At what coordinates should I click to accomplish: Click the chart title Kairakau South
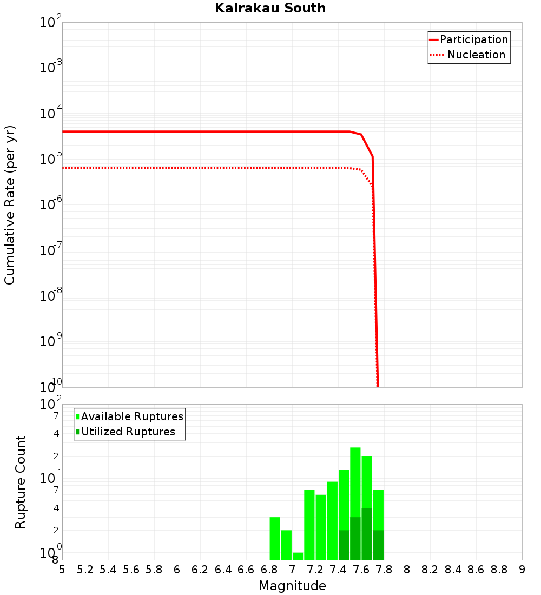270,8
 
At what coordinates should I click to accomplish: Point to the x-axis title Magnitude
292,586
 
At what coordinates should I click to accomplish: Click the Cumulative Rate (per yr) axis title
10,204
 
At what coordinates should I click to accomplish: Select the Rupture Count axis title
21,482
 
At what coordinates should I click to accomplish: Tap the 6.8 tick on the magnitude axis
269,570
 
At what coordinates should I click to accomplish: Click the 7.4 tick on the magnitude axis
338,570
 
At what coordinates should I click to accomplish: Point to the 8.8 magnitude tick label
499,570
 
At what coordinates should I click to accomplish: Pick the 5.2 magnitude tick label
85,570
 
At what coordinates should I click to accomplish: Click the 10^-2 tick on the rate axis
51,23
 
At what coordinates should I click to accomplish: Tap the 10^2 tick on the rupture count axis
51,405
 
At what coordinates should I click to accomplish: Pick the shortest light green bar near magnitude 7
298,556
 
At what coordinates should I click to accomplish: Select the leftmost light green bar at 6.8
275,538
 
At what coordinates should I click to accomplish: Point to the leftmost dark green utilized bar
344,545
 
